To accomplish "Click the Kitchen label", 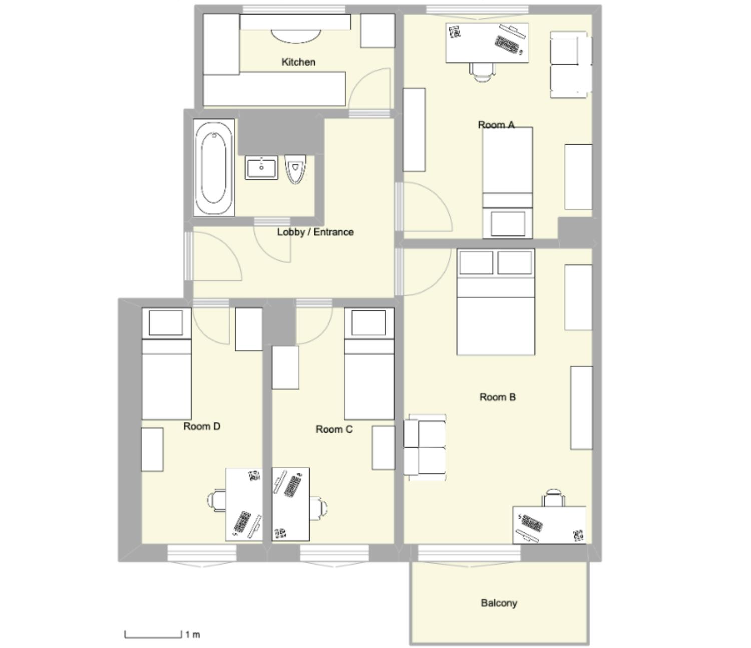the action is [x=298, y=62].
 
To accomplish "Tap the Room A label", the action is [x=496, y=125].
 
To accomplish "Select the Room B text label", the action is [x=497, y=397].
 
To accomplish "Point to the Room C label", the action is [x=334, y=429].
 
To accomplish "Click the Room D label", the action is [x=202, y=426].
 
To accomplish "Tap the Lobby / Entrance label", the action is [x=315, y=232].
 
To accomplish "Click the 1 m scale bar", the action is [x=153, y=635].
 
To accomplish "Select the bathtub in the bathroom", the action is [x=214, y=168].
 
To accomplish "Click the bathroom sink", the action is [x=261, y=168].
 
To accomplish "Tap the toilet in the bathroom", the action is [x=295, y=169].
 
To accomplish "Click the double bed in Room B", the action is [x=496, y=301].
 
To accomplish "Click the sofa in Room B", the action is [x=425, y=447].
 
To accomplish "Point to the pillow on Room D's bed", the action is [x=166, y=322].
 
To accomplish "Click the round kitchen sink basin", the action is [x=296, y=36].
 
